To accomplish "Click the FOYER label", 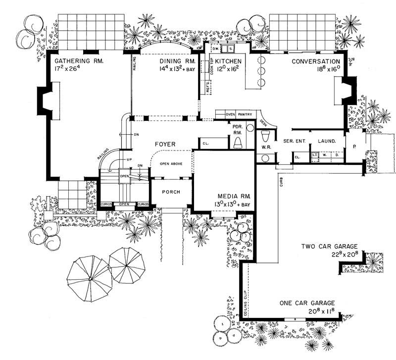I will tap(165, 144).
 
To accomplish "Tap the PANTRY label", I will tap(245, 114).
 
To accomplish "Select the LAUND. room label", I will tap(327, 141).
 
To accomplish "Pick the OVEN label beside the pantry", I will tap(230, 114).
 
